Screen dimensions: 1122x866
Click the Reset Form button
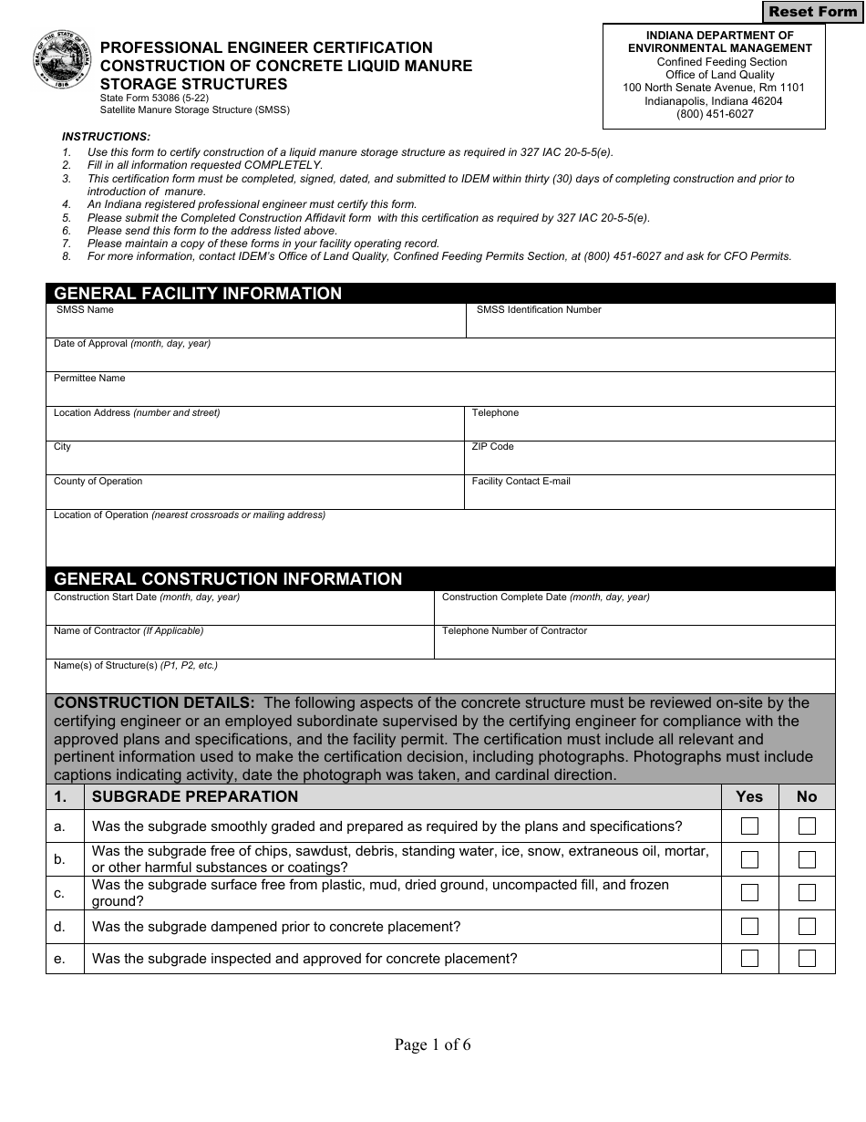click(x=812, y=12)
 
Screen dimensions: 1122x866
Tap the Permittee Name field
click(x=440, y=394)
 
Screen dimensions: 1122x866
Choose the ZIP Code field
click(x=650, y=462)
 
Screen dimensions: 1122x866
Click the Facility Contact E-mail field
click(x=650, y=497)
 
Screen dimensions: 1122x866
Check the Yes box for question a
click(x=749, y=826)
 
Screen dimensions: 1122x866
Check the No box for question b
click(x=807, y=859)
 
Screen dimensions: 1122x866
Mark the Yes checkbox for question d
click(x=749, y=927)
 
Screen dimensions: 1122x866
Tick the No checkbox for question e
click(x=807, y=958)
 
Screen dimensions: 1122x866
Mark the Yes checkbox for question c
click(x=749, y=893)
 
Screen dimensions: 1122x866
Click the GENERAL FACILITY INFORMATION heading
click(x=198, y=294)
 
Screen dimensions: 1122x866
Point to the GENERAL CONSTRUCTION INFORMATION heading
click(x=228, y=579)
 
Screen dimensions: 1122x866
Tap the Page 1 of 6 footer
click(x=432, y=1044)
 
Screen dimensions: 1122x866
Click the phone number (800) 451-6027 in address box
click(x=714, y=114)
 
